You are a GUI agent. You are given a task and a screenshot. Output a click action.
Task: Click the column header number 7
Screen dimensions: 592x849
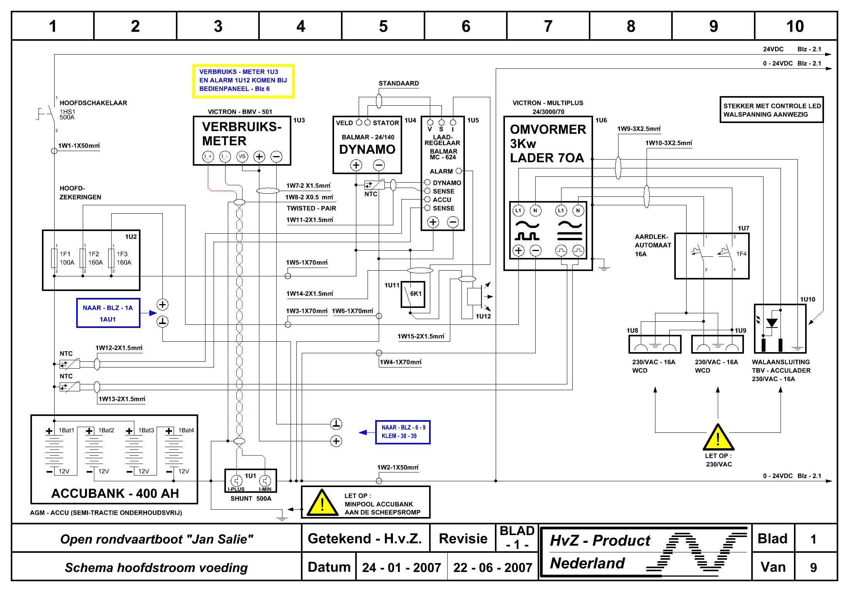tap(548, 26)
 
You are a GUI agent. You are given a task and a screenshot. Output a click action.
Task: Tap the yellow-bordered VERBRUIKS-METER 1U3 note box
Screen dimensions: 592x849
tap(243, 81)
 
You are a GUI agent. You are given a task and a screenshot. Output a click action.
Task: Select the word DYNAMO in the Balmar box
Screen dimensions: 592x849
tap(367, 149)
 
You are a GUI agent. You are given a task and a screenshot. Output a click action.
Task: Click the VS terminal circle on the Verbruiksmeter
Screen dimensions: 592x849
tap(242, 156)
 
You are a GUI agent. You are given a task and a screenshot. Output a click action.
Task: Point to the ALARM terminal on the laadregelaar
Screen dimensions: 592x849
tap(458, 171)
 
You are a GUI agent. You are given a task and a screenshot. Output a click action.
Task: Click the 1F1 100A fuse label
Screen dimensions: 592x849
tap(67, 258)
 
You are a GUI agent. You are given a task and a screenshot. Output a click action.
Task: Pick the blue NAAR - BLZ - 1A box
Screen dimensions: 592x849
tap(108, 313)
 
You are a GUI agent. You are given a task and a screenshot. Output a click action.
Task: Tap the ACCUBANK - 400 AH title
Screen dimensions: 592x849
tap(115, 493)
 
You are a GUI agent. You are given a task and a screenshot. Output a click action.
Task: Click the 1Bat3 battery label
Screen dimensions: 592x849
tap(146, 430)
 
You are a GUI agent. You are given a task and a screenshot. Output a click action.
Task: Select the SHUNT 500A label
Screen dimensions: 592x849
tap(251, 499)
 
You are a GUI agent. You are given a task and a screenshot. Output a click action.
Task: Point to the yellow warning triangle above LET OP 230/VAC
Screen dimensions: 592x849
tap(718, 438)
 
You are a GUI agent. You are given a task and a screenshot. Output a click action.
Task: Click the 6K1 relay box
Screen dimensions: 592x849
tap(413, 294)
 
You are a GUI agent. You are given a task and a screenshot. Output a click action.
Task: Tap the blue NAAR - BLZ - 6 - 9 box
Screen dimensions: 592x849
tap(403, 432)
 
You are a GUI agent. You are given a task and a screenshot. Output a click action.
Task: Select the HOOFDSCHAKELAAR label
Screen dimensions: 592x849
tap(93, 103)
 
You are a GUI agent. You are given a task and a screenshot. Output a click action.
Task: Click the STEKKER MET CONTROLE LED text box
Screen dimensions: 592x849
tap(772, 110)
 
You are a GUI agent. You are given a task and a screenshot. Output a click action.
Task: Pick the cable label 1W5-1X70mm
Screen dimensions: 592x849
tap(307, 263)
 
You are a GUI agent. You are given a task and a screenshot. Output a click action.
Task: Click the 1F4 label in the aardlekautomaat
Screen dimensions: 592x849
tap(741, 254)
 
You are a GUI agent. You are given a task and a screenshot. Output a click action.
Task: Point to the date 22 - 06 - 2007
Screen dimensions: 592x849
tap(493, 567)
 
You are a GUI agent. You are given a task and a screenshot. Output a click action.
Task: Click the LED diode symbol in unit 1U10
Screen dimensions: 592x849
tap(772, 323)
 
